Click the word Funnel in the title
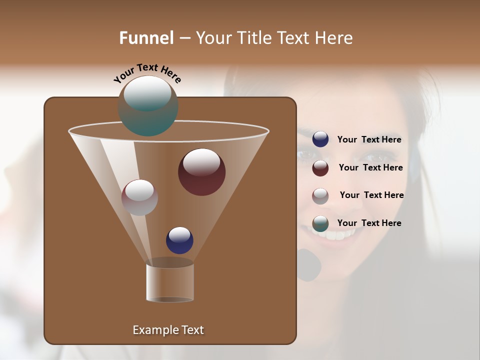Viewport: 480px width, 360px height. point(146,38)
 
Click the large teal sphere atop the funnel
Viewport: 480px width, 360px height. point(148,106)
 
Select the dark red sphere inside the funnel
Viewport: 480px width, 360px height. point(201,172)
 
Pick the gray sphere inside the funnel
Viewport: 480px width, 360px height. point(139,197)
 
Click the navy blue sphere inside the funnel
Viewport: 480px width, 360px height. point(179,240)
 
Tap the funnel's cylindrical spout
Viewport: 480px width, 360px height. point(170,282)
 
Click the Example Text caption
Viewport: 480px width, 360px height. point(168,330)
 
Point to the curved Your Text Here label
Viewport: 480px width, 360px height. point(147,72)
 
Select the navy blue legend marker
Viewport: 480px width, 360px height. point(320,139)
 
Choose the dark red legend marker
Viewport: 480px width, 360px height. point(320,168)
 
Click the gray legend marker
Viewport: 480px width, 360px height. point(320,195)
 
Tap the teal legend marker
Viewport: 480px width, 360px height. point(320,223)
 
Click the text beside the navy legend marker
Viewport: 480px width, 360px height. point(369,140)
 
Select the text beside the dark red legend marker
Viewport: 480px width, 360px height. point(370,168)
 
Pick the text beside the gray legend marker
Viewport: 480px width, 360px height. point(371,195)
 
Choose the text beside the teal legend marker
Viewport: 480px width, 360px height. point(369,223)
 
